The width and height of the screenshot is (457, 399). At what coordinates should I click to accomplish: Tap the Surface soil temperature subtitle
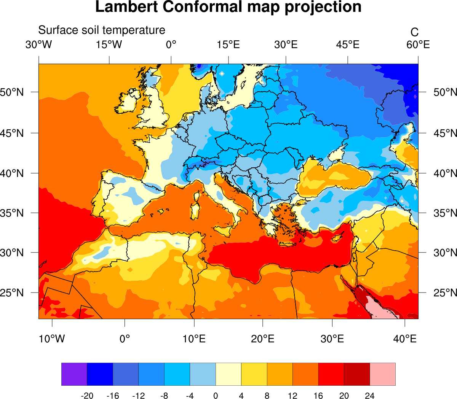[102, 30]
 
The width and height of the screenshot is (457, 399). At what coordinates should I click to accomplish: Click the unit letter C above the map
[414, 32]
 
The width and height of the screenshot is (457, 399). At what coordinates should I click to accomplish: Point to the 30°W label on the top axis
[38, 45]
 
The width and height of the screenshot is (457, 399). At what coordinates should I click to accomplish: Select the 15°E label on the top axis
[228, 45]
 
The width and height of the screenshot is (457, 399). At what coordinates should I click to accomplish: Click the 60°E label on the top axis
[418, 45]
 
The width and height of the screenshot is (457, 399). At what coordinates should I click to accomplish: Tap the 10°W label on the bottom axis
[52, 339]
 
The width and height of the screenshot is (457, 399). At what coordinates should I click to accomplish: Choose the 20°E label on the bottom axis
[262, 339]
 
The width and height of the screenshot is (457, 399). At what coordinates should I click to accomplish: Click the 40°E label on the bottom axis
[404, 339]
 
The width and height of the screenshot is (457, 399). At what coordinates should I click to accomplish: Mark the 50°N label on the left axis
[12, 92]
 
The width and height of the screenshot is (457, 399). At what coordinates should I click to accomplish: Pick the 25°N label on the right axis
[445, 293]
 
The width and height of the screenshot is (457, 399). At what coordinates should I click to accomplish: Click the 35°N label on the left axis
[12, 213]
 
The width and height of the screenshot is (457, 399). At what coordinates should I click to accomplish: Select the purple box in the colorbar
[74, 374]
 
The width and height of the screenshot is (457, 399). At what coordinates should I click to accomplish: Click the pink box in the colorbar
[382, 374]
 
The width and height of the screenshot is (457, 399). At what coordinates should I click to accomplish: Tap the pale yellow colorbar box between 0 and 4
[228, 374]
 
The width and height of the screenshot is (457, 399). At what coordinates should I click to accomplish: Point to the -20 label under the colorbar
[87, 396]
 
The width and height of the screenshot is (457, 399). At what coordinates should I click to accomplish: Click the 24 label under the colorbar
[369, 396]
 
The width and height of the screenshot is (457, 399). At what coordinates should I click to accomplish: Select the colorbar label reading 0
[216, 396]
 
